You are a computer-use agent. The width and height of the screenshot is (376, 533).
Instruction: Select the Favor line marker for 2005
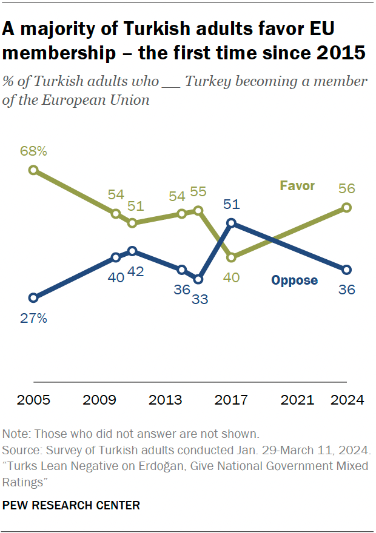[33, 170]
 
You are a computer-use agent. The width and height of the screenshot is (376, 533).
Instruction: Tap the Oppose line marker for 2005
[33, 297]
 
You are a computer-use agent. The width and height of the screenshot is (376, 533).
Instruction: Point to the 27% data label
[33, 317]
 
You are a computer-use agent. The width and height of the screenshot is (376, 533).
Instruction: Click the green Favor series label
[297, 185]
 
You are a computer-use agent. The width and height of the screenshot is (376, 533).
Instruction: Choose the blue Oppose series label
[294, 280]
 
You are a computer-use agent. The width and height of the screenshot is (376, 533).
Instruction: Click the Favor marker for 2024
[346, 208]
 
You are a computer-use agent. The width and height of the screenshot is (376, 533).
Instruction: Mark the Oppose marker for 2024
[346, 270]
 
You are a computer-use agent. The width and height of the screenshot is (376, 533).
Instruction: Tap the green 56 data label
[346, 188]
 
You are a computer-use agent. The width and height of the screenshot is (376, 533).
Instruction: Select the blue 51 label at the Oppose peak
[231, 204]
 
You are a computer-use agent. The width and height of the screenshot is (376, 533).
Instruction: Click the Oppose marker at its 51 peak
[231, 223]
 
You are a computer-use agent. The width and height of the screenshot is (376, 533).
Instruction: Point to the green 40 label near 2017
[231, 278]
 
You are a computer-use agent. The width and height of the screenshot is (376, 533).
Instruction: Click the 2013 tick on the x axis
[165, 400]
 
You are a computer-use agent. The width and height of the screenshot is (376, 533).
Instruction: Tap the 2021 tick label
[297, 400]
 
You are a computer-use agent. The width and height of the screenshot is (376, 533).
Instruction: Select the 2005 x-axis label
[33, 400]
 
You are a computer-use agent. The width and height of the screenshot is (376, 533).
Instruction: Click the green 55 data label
[198, 191]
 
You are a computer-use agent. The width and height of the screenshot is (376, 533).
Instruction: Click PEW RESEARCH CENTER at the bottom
[72, 505]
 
